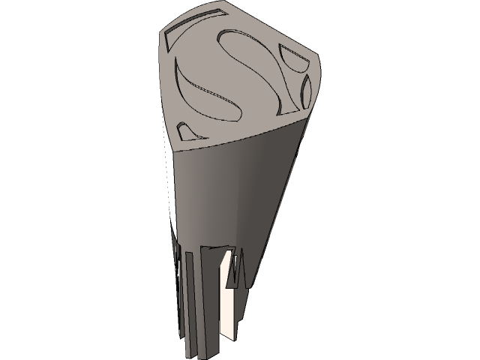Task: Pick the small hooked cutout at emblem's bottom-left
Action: coord(189,129)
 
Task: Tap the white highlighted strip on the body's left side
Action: coord(169,187)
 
